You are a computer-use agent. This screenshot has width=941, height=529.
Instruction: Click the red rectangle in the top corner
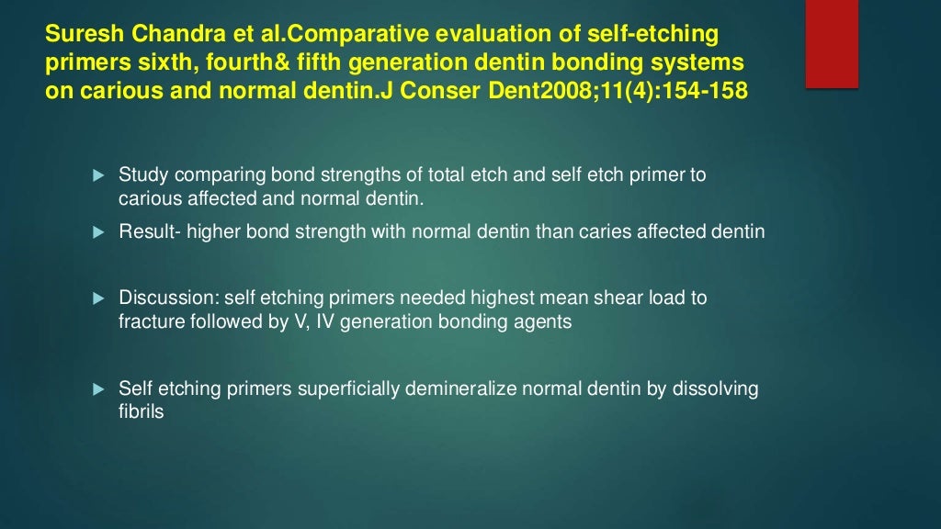[832, 43]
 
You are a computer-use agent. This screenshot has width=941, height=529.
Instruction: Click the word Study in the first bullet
[141, 174]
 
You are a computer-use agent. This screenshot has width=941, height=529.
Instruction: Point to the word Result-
[151, 232]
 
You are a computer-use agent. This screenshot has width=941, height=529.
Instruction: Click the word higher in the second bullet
[214, 232]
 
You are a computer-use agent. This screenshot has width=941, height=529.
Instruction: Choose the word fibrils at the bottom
[141, 412]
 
